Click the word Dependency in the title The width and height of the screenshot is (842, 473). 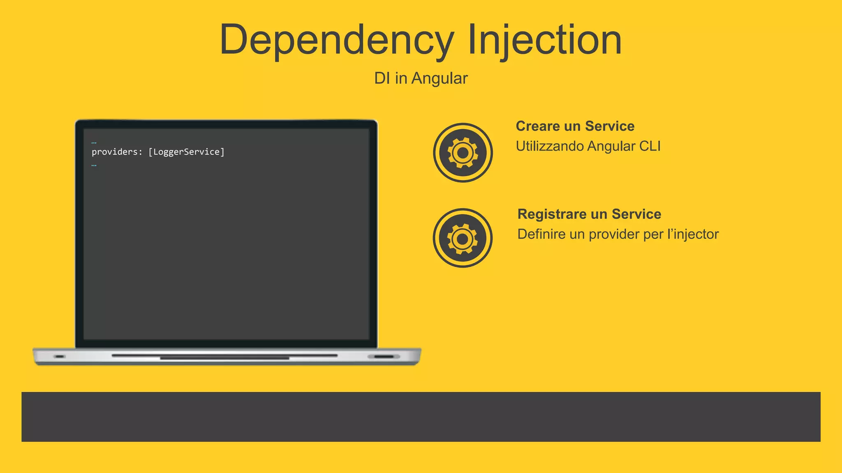coord(336,40)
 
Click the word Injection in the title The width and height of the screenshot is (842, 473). coord(544,40)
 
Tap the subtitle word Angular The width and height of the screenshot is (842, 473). coord(440,78)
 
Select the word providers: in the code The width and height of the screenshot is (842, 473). coord(117,152)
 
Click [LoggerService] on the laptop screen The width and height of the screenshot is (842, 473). coord(186,152)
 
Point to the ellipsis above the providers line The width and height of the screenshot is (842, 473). coord(94,142)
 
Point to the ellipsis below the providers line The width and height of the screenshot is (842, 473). coord(94,165)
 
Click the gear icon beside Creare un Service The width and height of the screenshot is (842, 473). coord(463,153)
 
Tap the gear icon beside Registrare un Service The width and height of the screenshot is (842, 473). coord(463,238)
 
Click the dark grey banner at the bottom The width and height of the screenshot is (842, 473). coord(421,417)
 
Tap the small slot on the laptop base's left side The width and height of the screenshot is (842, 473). coord(60,356)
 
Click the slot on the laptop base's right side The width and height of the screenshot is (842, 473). coord(384,356)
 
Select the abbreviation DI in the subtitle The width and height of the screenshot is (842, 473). coord(382,78)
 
